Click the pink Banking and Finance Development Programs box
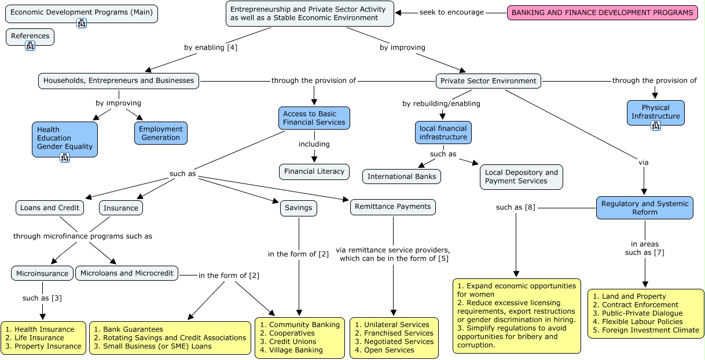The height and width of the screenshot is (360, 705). point(603,13)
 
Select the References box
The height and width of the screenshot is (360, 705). point(30,37)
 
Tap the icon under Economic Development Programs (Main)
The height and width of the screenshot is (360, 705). point(82,23)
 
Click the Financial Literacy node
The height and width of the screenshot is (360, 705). point(314,171)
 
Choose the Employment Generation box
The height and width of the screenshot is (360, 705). point(161,134)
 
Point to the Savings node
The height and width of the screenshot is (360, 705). point(298,208)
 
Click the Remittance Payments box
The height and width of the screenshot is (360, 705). point(393,207)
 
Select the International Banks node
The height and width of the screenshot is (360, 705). point(402,177)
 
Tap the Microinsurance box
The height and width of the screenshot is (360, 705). point(42,273)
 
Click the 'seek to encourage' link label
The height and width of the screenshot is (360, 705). point(451,12)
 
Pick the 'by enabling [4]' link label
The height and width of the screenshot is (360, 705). point(211,47)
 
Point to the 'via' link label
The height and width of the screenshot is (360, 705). point(643,163)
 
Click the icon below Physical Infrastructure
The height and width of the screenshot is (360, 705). point(656,126)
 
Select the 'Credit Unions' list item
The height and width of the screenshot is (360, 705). point(288,341)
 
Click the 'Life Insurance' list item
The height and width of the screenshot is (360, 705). point(35,338)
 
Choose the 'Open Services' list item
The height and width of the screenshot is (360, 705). point(384,350)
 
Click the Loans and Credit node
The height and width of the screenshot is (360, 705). point(50,208)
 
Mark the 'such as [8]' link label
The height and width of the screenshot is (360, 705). point(516,207)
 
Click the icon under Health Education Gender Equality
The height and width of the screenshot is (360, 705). point(65,157)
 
